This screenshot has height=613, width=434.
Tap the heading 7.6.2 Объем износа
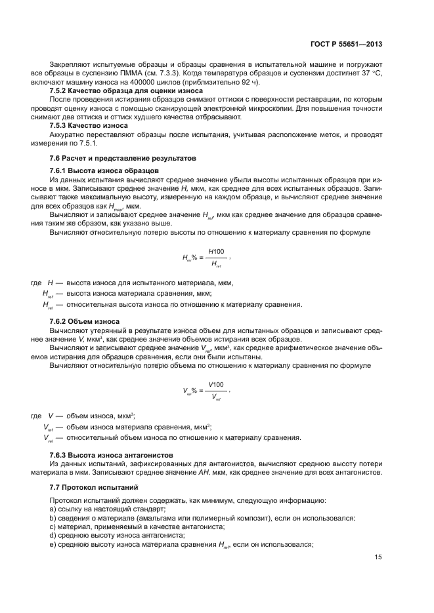[84, 321]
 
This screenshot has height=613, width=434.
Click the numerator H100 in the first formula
[216, 251]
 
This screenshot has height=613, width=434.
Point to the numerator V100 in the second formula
[216, 384]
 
